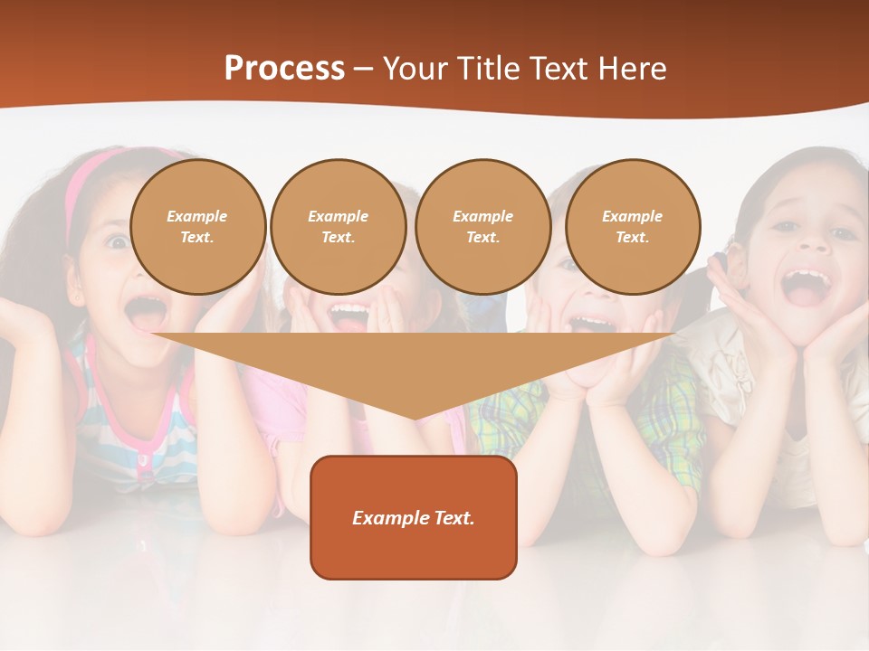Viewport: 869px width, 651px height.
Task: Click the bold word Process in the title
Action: (x=284, y=69)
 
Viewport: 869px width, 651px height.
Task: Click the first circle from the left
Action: (x=197, y=227)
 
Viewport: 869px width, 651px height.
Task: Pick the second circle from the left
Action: (x=338, y=227)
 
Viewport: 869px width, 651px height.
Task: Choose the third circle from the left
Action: (x=482, y=227)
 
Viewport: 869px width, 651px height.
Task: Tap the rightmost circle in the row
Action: (x=632, y=227)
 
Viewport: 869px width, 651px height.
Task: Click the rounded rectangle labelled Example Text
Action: (x=413, y=517)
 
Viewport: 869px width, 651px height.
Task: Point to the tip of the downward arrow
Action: (x=415, y=418)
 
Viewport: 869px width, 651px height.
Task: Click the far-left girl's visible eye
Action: (x=117, y=241)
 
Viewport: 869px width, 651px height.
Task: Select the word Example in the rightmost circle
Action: (x=632, y=216)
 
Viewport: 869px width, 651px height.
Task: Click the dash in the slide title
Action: (x=363, y=69)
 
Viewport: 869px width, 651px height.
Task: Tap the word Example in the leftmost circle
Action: (x=197, y=216)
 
